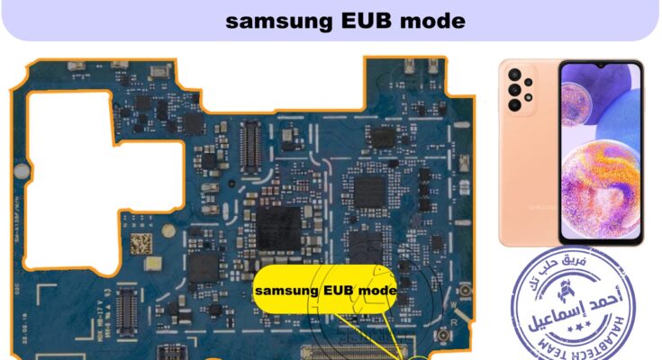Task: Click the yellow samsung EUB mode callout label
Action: pos(325,291)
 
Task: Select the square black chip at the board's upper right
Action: pos(383,138)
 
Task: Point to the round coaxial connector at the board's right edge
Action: pos(467,292)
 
